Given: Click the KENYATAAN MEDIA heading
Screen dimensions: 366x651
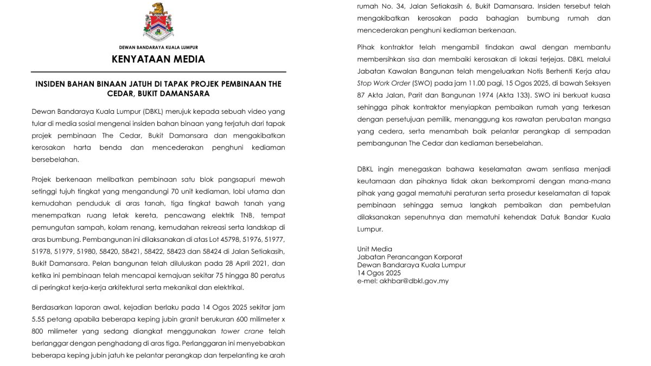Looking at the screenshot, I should pos(158,59).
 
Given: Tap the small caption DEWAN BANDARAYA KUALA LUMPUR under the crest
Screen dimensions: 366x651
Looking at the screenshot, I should pos(158,47).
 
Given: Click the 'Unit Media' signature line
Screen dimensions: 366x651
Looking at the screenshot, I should pos(375,249).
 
